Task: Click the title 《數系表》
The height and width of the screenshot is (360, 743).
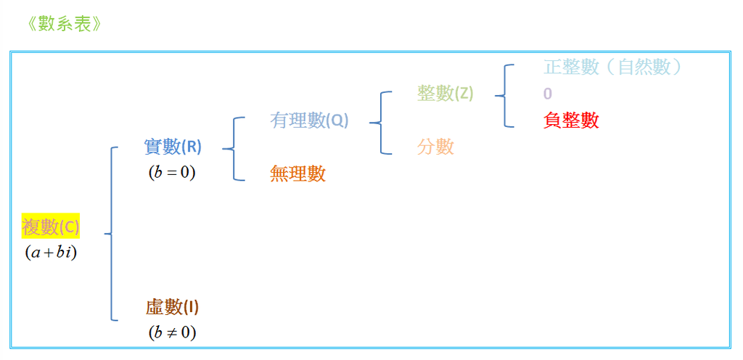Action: (x=61, y=23)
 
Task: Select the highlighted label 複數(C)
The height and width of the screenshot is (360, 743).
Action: (x=51, y=228)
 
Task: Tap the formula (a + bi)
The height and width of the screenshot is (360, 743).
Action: (x=50, y=253)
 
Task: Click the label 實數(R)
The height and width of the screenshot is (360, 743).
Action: (x=173, y=147)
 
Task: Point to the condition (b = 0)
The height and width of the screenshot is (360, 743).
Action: (x=172, y=173)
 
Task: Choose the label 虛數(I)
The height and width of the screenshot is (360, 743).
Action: (x=172, y=308)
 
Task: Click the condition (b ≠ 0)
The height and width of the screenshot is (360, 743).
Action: (x=172, y=333)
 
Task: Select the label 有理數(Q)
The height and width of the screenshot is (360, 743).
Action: (x=309, y=120)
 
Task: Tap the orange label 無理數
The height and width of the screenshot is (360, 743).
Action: (x=297, y=173)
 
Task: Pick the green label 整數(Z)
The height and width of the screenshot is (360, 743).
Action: (x=446, y=93)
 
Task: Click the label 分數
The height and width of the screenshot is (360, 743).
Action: (x=435, y=147)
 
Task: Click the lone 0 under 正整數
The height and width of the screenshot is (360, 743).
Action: (x=548, y=94)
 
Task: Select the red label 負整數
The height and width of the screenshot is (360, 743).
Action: (x=571, y=120)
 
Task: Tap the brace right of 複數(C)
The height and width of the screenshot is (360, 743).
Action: (x=111, y=234)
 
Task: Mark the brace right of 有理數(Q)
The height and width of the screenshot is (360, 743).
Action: (x=379, y=123)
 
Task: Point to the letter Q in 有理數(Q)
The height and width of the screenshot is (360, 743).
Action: (x=338, y=120)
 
